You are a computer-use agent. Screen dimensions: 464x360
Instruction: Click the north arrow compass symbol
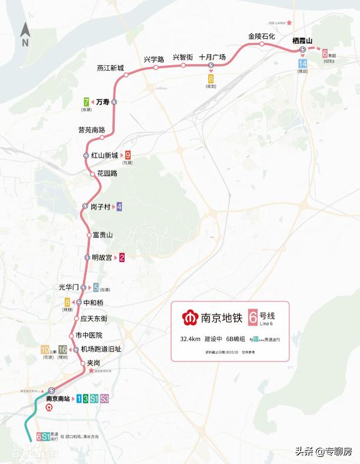[25, 35]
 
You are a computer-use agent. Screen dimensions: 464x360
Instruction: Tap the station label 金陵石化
[262, 37]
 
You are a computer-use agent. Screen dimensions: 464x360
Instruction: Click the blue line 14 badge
[303, 64]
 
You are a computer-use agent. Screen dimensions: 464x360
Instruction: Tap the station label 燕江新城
[111, 68]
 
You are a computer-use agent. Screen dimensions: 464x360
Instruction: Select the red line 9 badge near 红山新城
[128, 155]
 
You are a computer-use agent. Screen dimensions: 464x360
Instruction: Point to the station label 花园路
[107, 174]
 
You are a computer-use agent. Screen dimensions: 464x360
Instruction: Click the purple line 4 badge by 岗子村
[119, 207]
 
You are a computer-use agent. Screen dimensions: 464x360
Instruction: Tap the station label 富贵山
[103, 234]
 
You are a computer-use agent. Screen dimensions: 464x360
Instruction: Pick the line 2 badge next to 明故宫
[122, 257]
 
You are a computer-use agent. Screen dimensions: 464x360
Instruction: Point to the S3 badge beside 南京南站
[104, 399]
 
